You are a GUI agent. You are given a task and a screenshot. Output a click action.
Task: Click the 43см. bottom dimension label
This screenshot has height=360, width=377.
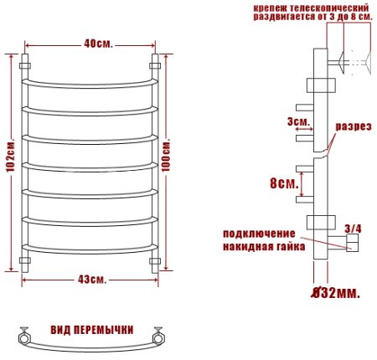pyautogui.click(x=89, y=279)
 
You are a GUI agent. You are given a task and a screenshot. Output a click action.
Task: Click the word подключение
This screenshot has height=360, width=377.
pyautogui.click(x=259, y=233)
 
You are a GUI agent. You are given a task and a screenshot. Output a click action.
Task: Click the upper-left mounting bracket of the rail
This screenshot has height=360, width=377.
pyautogui.click(x=25, y=63)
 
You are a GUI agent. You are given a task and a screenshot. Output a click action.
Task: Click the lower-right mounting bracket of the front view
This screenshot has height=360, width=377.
pyautogui.click(x=155, y=263)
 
